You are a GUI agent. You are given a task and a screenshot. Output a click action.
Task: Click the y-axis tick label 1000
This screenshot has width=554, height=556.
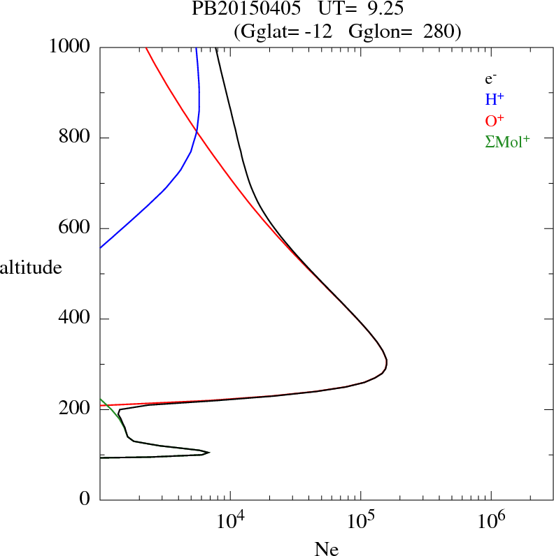[71, 47]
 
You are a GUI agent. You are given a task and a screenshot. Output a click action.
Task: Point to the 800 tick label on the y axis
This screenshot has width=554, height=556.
[76, 138]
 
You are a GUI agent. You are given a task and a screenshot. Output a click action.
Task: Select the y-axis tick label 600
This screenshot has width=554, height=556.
[76, 228]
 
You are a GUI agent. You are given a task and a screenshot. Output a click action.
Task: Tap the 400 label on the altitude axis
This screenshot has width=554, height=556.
[76, 319]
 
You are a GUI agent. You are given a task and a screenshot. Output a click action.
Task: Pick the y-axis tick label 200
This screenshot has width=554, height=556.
[76, 409]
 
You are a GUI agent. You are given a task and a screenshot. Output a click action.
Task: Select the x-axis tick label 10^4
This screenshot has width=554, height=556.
[230, 522]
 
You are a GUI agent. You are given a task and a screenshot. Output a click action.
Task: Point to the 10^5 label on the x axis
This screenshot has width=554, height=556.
[360, 522]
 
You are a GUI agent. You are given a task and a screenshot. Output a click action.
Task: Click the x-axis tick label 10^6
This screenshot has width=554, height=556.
[490, 522]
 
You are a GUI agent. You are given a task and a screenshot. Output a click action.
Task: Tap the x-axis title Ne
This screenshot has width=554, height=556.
[327, 549]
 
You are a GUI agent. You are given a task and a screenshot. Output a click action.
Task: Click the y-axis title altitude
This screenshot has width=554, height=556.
[31, 267]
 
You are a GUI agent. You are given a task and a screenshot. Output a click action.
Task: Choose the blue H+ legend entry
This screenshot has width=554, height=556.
[495, 100]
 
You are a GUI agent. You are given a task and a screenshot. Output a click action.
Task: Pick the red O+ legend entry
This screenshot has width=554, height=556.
[495, 121]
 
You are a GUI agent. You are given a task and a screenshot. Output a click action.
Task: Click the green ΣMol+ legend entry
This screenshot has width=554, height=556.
[507, 142]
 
